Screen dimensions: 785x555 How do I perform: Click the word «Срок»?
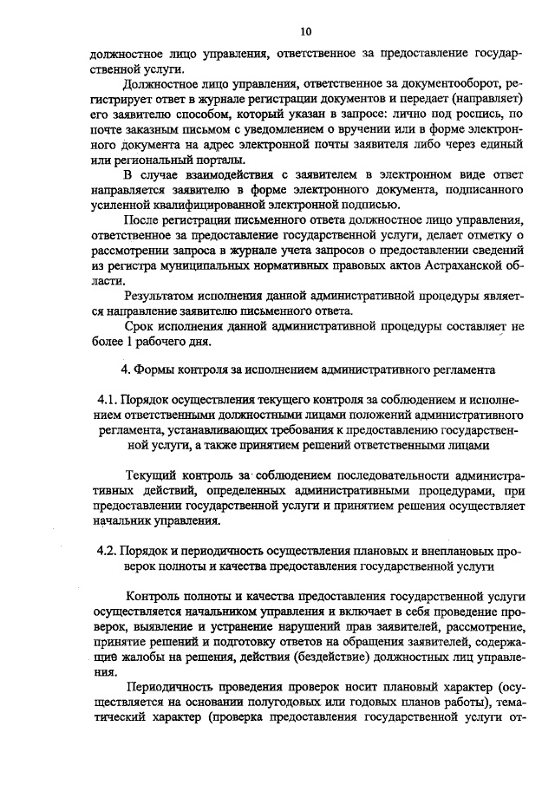pyautogui.click(x=141, y=326)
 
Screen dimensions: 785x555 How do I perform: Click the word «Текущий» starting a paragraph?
pyautogui.click(x=153, y=477)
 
